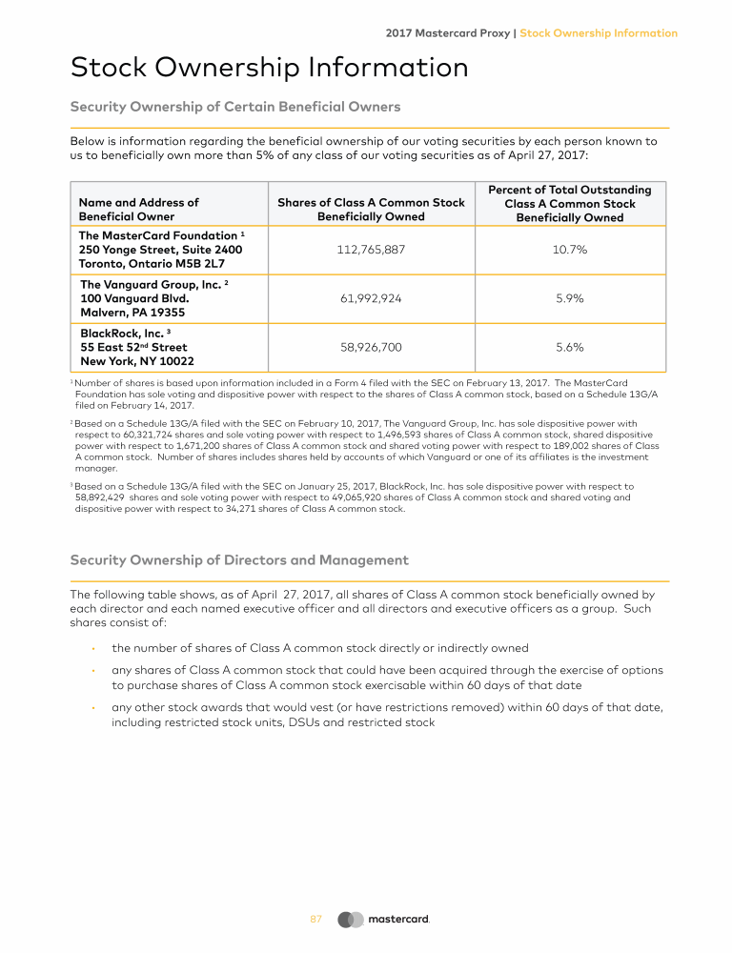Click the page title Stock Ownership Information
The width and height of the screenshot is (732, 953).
tap(269, 68)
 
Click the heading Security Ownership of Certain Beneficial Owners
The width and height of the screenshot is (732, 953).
tap(234, 106)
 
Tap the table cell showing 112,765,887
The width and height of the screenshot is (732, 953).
tap(371, 250)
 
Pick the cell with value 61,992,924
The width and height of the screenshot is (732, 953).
tap(371, 298)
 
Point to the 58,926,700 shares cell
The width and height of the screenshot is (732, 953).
tap(371, 347)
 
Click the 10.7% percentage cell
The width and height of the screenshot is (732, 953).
tap(570, 250)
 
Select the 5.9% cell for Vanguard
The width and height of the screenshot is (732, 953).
tap(570, 298)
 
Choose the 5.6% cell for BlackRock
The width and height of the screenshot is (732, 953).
tap(570, 347)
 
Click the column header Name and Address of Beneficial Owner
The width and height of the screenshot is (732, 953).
tap(138, 209)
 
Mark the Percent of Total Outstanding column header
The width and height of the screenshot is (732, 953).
tap(570, 191)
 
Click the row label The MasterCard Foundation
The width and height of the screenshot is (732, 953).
tap(158, 235)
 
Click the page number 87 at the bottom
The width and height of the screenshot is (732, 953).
tap(316, 919)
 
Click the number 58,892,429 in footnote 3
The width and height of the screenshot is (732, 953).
tap(102, 497)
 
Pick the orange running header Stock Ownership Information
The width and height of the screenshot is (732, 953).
tap(599, 32)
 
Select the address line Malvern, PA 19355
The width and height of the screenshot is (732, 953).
tap(132, 313)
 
